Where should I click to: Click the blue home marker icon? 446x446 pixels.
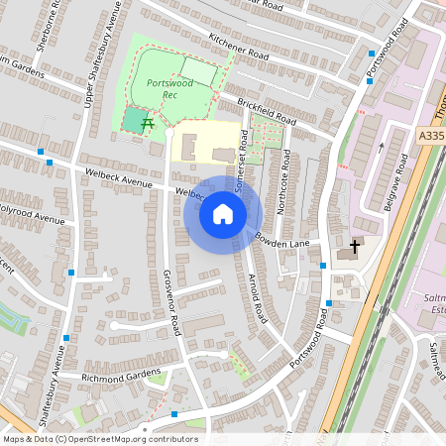[x=223, y=214]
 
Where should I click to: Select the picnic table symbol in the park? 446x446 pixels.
[x=148, y=123]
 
